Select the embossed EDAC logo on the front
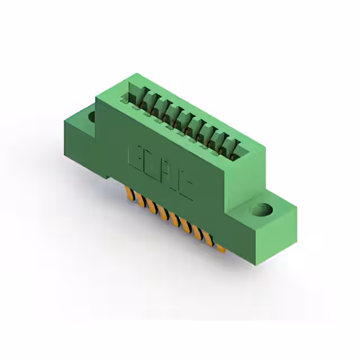tap(161, 172)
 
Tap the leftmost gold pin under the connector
tap(130, 195)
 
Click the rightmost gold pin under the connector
tap(220, 246)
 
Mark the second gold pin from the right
tap(210, 238)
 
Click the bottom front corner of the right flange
tap(259, 259)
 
